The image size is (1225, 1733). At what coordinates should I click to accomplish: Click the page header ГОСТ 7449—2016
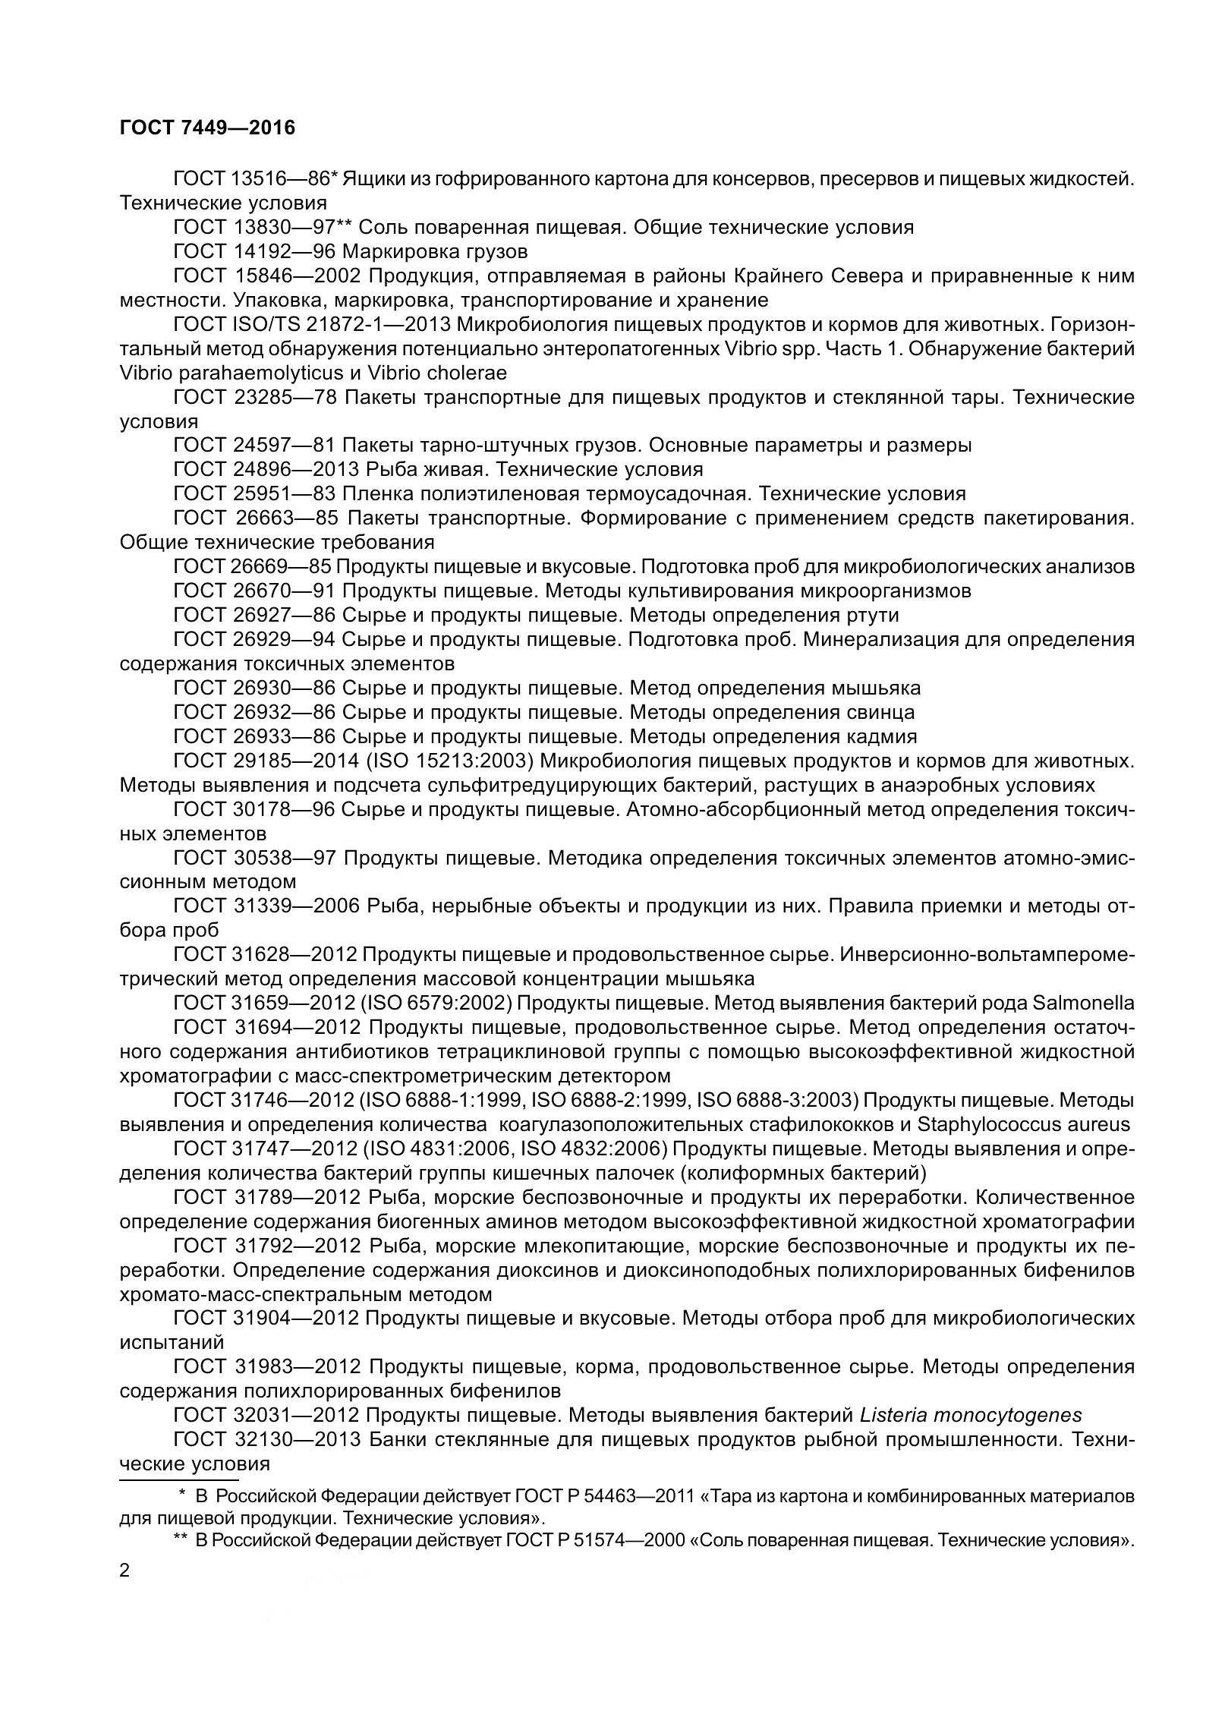tap(207, 128)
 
